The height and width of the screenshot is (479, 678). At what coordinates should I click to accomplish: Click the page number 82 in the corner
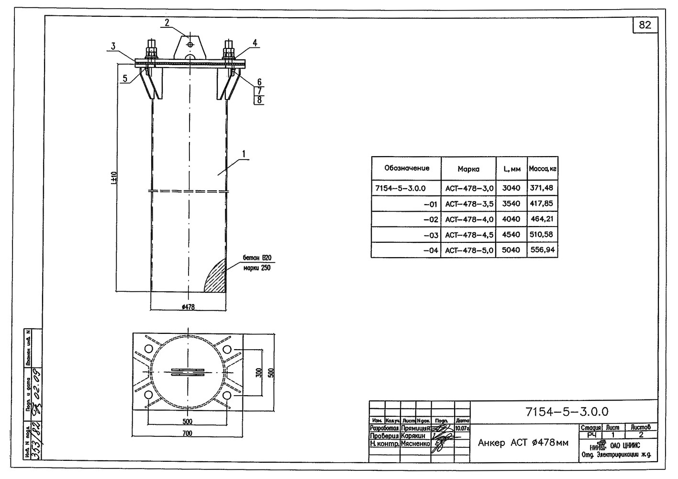click(645, 25)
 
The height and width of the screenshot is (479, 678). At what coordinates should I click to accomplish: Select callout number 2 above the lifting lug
click(167, 22)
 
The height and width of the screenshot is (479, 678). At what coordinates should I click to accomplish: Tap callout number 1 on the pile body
click(244, 154)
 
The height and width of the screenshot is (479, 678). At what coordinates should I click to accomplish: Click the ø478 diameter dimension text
click(189, 307)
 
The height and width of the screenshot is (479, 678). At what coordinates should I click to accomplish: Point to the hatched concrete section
click(216, 278)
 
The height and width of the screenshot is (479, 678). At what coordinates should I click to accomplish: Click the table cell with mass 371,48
click(542, 188)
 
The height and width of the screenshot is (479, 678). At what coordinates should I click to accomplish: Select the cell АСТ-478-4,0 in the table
click(469, 219)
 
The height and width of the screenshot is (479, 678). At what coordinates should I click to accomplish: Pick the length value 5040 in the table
click(511, 250)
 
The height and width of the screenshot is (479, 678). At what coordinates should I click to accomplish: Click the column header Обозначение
click(407, 168)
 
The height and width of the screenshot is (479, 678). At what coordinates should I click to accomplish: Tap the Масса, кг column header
click(542, 169)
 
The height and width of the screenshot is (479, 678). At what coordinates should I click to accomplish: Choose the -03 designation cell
click(431, 235)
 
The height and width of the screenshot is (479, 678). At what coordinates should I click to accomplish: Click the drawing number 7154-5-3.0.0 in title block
click(567, 411)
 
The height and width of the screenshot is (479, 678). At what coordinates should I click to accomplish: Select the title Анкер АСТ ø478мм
click(523, 443)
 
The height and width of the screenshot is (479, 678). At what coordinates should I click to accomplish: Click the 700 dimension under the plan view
click(187, 433)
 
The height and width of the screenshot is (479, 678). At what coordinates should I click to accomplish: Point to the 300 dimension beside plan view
click(259, 373)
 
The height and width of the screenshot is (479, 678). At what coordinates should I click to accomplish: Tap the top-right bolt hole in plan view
click(227, 349)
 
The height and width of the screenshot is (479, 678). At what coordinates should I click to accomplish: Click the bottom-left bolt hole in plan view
click(148, 395)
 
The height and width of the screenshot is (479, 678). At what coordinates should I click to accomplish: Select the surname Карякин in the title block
click(414, 436)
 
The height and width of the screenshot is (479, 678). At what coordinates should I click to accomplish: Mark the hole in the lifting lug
click(190, 44)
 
